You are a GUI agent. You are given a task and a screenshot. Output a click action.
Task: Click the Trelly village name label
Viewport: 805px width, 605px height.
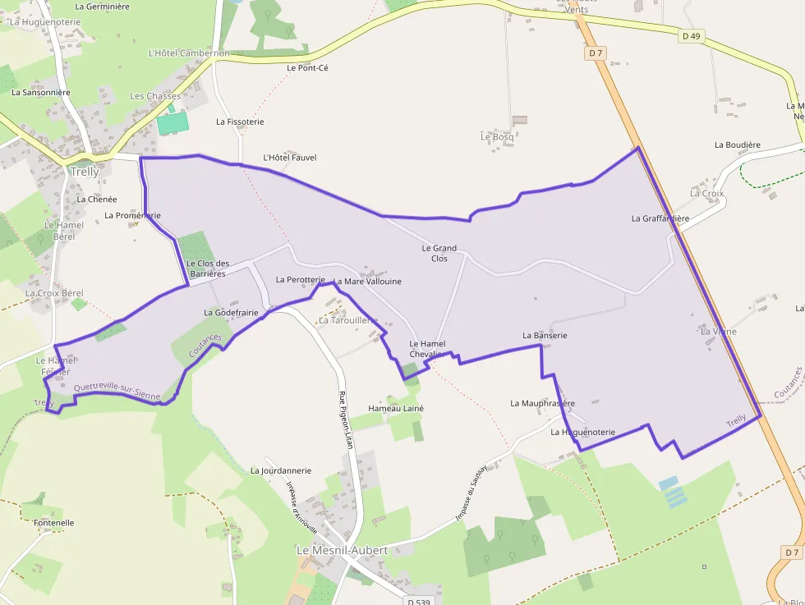(x=85, y=172)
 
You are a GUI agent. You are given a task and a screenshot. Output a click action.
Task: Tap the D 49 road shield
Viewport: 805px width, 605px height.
(x=691, y=36)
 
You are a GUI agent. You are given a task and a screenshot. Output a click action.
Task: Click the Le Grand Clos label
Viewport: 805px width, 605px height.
(x=439, y=253)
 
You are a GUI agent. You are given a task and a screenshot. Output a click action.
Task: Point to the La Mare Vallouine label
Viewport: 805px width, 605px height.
(x=367, y=282)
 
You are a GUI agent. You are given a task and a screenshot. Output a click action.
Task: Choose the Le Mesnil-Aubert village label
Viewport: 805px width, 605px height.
(x=342, y=550)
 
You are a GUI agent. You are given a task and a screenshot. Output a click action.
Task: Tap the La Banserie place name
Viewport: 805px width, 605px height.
(x=545, y=336)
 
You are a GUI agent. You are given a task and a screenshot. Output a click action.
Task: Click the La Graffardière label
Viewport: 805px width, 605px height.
(x=660, y=218)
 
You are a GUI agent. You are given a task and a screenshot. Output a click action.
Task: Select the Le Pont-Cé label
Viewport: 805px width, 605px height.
(x=308, y=68)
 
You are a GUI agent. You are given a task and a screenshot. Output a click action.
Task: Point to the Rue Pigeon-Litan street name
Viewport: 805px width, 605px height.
(x=347, y=419)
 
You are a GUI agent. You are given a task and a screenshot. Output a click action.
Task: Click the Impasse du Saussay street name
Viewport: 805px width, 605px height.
(x=471, y=492)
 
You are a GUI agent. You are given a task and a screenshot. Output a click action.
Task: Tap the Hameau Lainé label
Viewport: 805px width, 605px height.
(x=396, y=408)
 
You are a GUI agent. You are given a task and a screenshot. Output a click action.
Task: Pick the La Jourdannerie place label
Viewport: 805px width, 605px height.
(x=281, y=471)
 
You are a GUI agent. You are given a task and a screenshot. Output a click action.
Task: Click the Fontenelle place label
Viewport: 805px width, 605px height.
(x=54, y=523)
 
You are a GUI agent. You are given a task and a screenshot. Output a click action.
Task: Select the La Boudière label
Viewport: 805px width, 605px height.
(x=737, y=145)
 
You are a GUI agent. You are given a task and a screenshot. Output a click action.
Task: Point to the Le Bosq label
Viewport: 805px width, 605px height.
(x=497, y=137)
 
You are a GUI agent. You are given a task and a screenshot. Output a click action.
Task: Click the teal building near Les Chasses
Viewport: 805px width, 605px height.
(x=172, y=123)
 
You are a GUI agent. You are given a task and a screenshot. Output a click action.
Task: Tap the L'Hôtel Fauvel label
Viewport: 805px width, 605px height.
(x=289, y=158)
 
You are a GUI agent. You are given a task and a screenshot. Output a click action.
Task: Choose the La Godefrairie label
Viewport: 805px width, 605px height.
(x=231, y=313)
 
